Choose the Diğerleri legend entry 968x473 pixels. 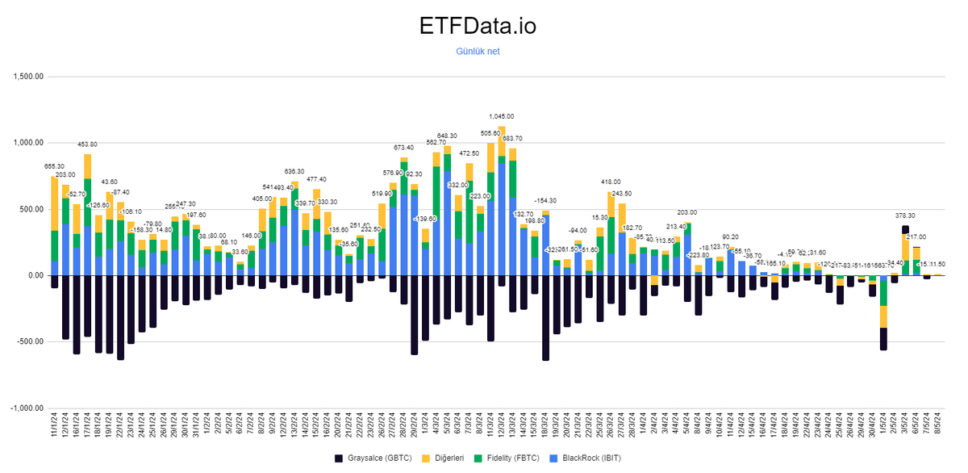click(x=449, y=458)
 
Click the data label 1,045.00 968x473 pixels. click(x=502, y=116)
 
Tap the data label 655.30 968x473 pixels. click(x=54, y=165)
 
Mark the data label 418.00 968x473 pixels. click(x=611, y=182)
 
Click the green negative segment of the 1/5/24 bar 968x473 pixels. click(x=883, y=316)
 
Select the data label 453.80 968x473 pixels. click(x=87, y=144)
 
